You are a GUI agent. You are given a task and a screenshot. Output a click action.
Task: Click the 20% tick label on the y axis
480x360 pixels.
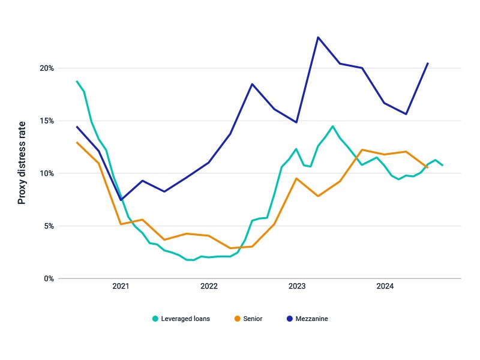click(x=47, y=68)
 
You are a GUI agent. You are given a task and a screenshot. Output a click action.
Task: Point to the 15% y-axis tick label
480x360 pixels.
click(x=47, y=121)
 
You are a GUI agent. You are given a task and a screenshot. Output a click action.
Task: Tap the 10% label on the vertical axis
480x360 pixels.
click(x=47, y=173)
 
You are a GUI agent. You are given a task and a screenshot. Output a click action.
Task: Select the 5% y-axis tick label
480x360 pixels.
click(x=49, y=226)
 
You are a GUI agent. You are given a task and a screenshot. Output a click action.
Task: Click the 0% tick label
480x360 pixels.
click(x=49, y=279)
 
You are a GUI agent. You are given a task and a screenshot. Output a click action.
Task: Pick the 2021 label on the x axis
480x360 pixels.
click(x=121, y=286)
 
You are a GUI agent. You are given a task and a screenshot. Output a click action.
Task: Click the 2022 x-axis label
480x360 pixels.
click(x=209, y=286)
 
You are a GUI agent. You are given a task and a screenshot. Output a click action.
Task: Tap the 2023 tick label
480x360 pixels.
click(x=297, y=286)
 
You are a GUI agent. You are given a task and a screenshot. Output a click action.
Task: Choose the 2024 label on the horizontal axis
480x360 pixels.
click(x=385, y=286)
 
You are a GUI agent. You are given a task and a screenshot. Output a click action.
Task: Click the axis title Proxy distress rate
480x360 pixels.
click(x=22, y=163)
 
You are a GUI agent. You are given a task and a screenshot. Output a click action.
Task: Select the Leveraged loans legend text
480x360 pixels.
click(x=185, y=319)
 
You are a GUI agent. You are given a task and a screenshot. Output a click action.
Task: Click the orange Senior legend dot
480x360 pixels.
click(x=237, y=319)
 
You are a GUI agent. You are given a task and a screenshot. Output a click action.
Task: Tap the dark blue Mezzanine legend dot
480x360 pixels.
click(x=290, y=319)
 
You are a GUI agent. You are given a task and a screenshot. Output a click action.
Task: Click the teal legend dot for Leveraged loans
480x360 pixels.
click(x=155, y=319)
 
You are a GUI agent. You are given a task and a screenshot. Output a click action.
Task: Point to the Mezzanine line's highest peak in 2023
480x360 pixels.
click(x=318, y=37)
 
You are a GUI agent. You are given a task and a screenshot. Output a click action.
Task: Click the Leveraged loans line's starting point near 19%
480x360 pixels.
click(x=77, y=81)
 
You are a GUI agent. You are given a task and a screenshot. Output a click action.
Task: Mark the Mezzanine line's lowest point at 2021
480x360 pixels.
click(x=121, y=200)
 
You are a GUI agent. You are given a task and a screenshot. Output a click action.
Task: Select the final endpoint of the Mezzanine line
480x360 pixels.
click(x=428, y=64)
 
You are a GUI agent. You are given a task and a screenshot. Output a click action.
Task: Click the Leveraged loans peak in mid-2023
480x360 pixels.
click(x=333, y=126)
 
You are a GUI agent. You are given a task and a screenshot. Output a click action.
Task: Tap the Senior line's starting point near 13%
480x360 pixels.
click(x=77, y=142)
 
